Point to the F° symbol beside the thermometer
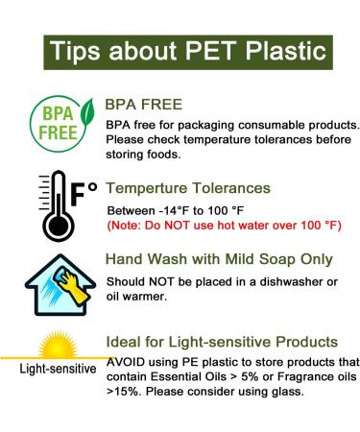pos(84,189)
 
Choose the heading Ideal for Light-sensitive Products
pos(224,343)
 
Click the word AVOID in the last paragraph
pos(128,362)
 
